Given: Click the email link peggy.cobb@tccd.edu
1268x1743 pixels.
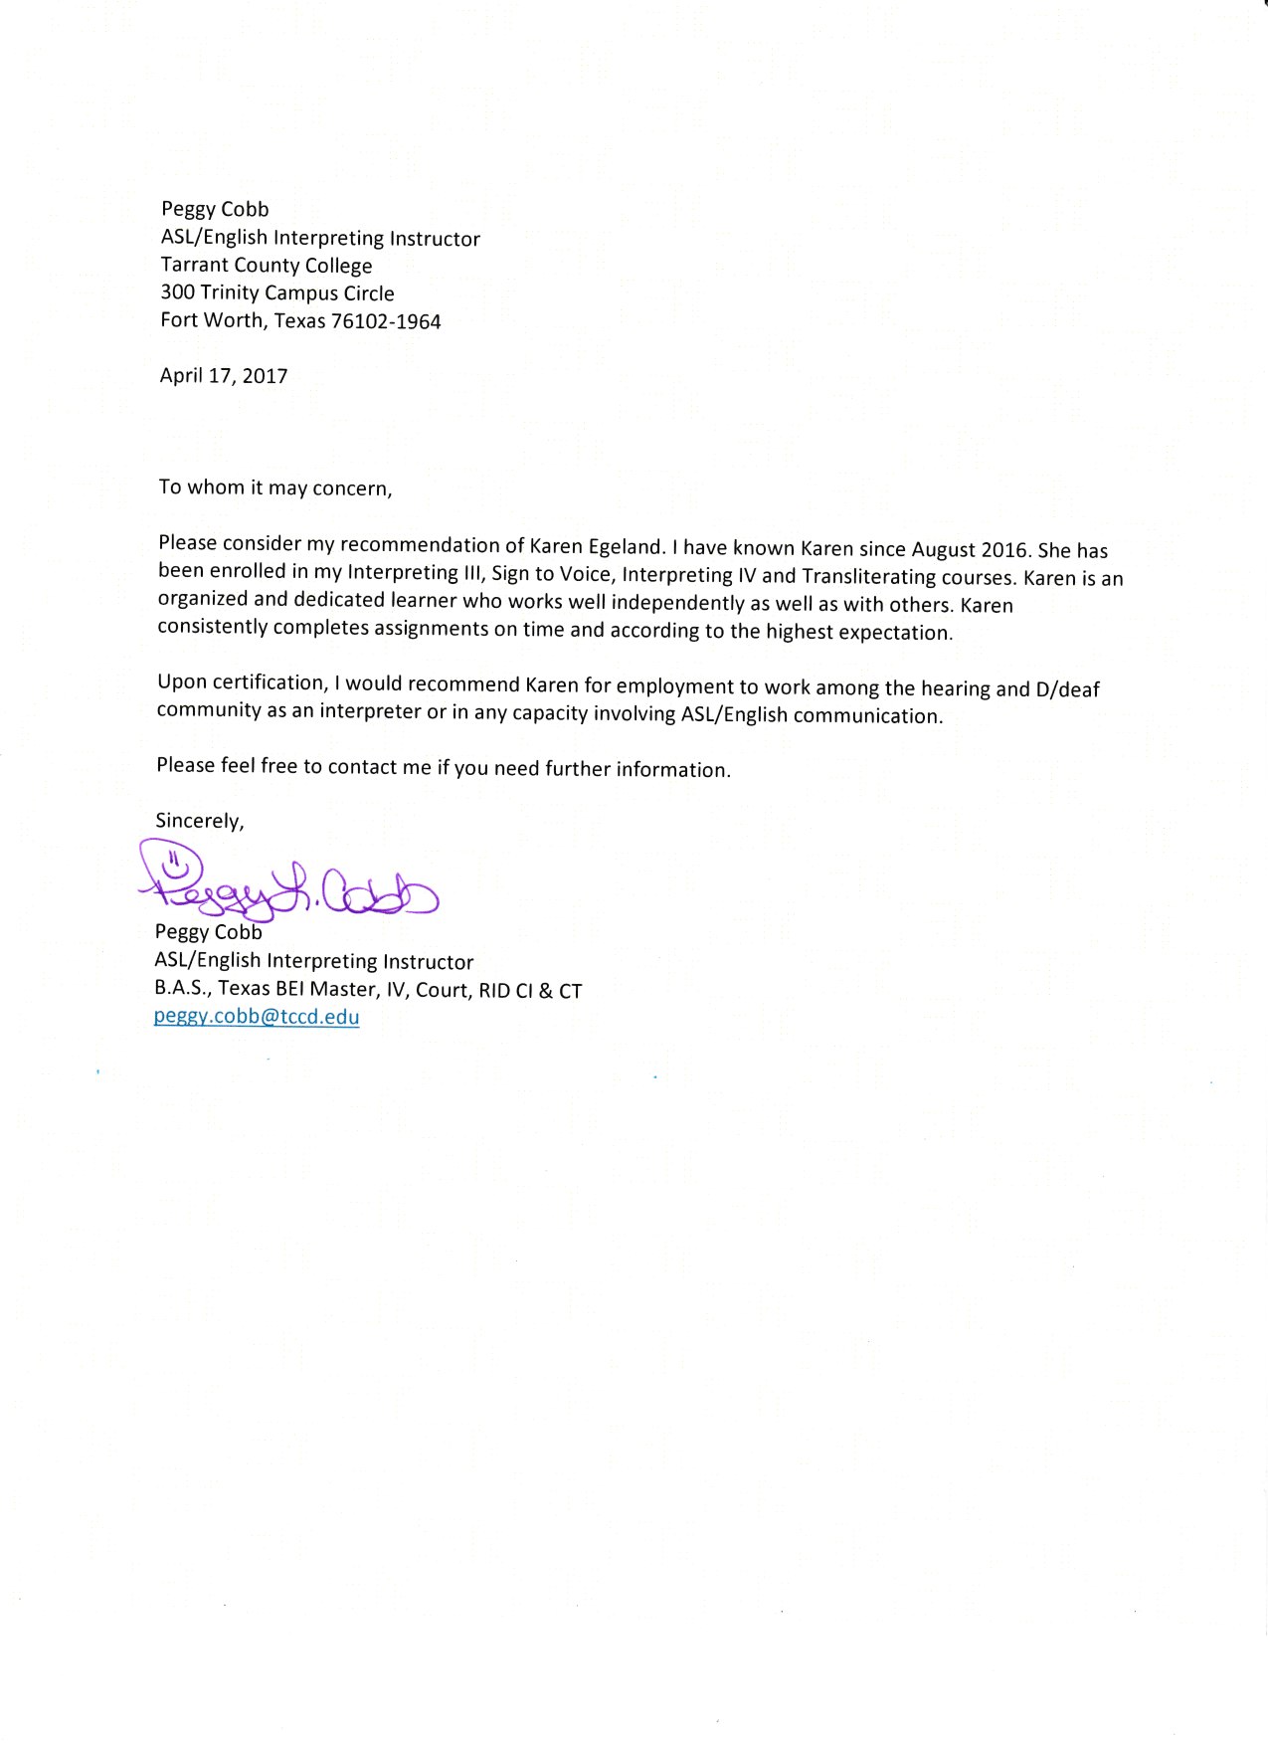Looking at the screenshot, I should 257,1017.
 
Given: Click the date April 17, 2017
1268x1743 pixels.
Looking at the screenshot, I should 224,376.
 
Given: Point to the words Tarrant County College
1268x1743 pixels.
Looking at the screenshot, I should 267,266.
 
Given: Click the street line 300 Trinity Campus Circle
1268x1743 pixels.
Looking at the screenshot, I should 277,293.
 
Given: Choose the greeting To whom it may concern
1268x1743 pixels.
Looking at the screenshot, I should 275,487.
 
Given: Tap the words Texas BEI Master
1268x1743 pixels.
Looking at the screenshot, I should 298,989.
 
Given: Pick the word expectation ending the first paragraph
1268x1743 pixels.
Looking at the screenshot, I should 893,633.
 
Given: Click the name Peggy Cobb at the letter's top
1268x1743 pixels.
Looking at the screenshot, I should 215,209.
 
